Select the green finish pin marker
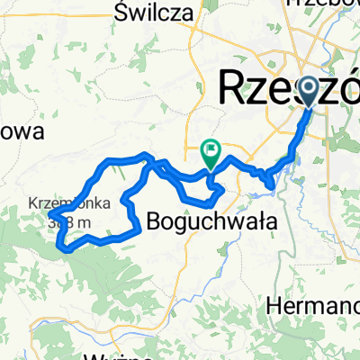point(211,151)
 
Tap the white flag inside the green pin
point(211,150)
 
